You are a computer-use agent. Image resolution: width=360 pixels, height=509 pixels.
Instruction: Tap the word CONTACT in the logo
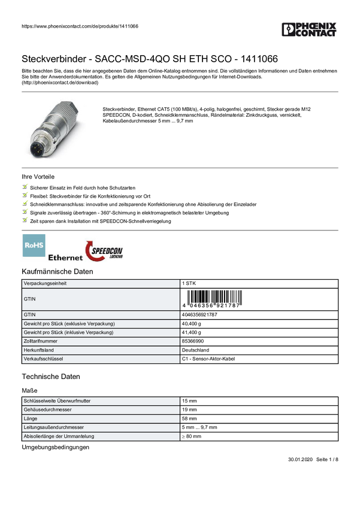[314, 35]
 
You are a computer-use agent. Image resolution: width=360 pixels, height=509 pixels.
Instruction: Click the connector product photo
[55, 128]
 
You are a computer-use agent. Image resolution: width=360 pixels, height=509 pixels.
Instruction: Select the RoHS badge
[34, 245]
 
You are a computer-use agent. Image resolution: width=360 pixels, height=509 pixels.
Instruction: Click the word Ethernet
[65, 258]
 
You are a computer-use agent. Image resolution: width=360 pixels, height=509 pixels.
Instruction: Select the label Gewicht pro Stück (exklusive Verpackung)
[69, 323]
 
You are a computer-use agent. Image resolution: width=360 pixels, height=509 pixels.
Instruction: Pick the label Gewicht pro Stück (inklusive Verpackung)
[68, 332]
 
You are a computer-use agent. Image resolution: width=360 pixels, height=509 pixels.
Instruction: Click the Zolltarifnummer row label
[41, 341]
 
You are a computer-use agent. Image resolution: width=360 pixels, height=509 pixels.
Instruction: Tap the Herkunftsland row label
[39, 350]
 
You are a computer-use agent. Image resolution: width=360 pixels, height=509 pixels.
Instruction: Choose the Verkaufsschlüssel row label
[43, 359]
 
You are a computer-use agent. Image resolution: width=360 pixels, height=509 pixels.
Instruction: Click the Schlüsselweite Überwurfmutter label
[57, 401]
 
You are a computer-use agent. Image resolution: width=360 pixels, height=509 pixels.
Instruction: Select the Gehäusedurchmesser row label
[48, 410]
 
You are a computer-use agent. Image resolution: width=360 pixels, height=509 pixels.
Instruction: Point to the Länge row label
[31, 419]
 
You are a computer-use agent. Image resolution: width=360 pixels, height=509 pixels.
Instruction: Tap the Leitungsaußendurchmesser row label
[53, 428]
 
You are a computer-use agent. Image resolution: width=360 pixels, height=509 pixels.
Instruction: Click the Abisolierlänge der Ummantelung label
[59, 437]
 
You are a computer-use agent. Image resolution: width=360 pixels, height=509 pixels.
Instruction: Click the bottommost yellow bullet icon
[25, 220]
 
